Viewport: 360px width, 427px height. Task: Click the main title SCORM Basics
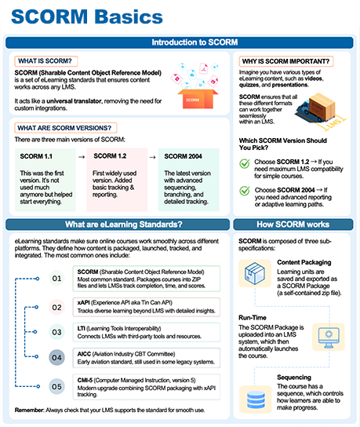point(87,17)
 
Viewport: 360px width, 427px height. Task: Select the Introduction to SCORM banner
point(180,42)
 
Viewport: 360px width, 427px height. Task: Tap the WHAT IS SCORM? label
point(45,61)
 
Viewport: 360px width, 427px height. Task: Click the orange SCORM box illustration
point(198,99)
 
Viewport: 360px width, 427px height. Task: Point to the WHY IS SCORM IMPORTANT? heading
point(285,61)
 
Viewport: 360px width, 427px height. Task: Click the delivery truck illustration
point(318,109)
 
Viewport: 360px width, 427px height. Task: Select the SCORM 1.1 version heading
point(36,156)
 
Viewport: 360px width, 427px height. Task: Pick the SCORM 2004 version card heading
point(183,156)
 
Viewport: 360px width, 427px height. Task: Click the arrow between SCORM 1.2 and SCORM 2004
point(153,157)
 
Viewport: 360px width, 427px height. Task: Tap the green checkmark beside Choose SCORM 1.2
point(245,164)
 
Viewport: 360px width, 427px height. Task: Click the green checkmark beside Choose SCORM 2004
point(245,191)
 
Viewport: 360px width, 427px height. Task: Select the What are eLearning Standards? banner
point(118,224)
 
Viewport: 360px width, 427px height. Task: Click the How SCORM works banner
point(293,224)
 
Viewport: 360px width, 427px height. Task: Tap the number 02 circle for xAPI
point(56,308)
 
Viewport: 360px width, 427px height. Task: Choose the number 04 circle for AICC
point(56,357)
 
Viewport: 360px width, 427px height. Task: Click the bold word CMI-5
point(85,380)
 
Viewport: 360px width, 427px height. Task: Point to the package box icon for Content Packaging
point(255,273)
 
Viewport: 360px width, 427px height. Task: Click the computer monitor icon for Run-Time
point(329,338)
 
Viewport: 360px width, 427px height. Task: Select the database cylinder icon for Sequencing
point(256,400)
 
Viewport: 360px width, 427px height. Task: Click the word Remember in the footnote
point(29,410)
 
